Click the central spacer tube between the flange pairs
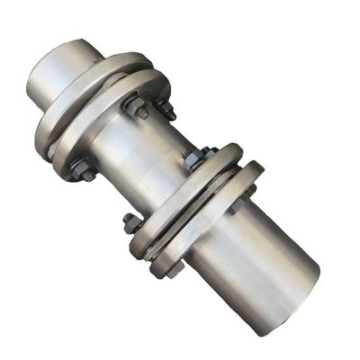pyautogui.click(x=148, y=153)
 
